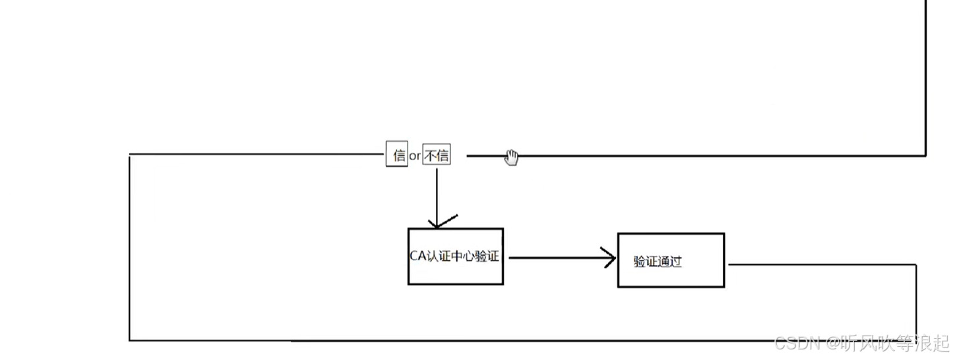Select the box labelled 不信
click(x=437, y=155)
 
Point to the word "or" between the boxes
click(x=415, y=156)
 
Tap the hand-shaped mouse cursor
click(x=512, y=157)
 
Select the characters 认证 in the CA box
click(x=439, y=256)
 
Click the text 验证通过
click(x=658, y=262)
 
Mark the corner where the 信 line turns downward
click(x=130, y=155)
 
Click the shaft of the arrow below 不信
click(x=436, y=191)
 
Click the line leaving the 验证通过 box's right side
click(x=818, y=264)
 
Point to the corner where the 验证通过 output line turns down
click(x=915, y=265)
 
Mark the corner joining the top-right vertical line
click(x=925, y=156)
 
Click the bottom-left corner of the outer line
click(x=130, y=340)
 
